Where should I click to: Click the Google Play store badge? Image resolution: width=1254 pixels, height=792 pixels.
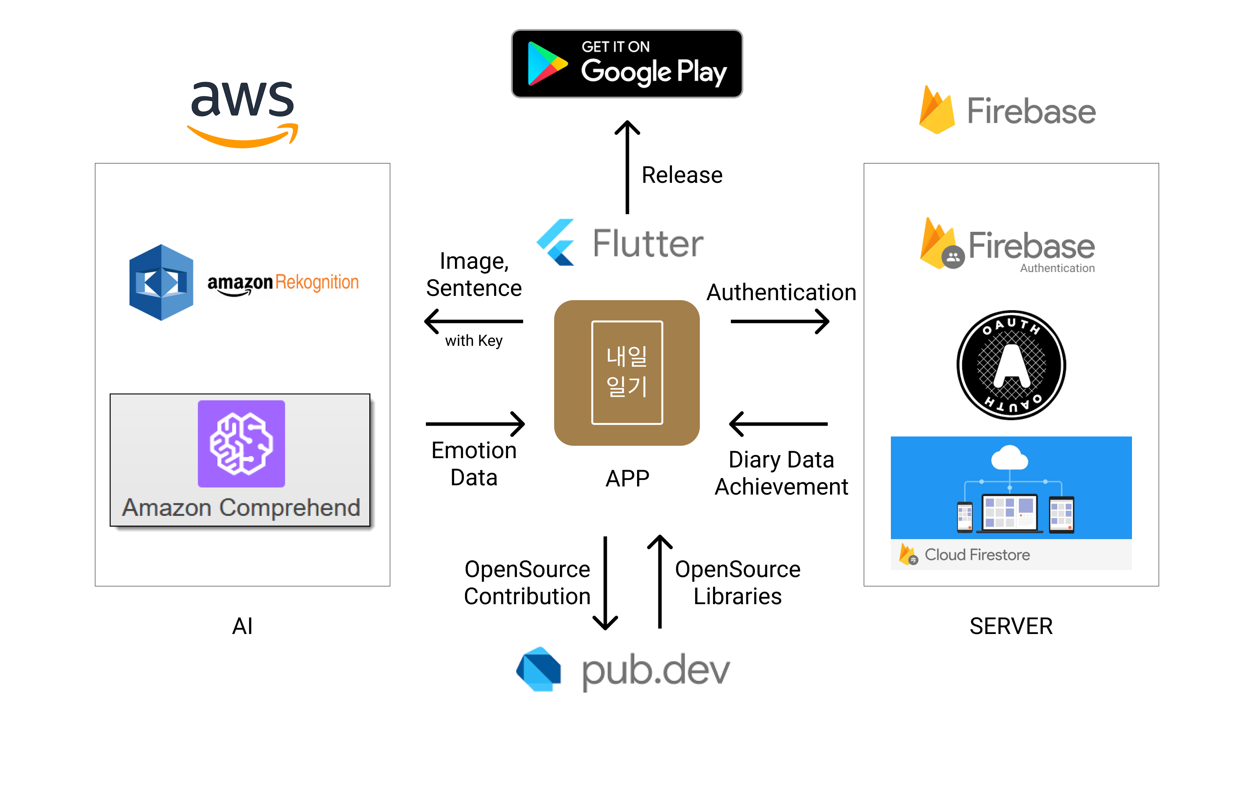click(627, 64)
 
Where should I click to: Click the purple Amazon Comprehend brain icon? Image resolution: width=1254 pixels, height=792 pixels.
click(241, 443)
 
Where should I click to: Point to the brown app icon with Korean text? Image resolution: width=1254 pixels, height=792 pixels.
click(627, 373)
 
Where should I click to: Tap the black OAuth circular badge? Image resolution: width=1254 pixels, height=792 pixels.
click(1011, 365)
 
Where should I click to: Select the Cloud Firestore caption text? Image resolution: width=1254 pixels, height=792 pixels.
click(977, 555)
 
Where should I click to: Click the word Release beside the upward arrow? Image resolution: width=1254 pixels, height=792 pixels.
click(682, 175)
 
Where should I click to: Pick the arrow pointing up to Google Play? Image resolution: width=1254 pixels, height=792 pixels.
click(627, 167)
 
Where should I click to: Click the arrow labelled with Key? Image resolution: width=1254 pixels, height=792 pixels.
click(474, 321)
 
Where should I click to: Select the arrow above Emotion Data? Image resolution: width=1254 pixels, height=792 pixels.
click(475, 424)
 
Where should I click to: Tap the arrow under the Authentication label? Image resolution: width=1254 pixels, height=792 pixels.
click(780, 321)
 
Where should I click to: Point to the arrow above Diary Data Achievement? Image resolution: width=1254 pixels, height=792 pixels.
click(779, 424)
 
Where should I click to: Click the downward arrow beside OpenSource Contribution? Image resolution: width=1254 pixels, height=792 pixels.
click(605, 583)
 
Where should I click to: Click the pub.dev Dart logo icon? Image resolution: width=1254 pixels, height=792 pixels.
click(539, 669)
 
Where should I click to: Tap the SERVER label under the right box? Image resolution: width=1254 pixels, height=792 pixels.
click(1011, 626)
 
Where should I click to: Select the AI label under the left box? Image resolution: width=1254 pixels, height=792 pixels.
click(242, 626)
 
